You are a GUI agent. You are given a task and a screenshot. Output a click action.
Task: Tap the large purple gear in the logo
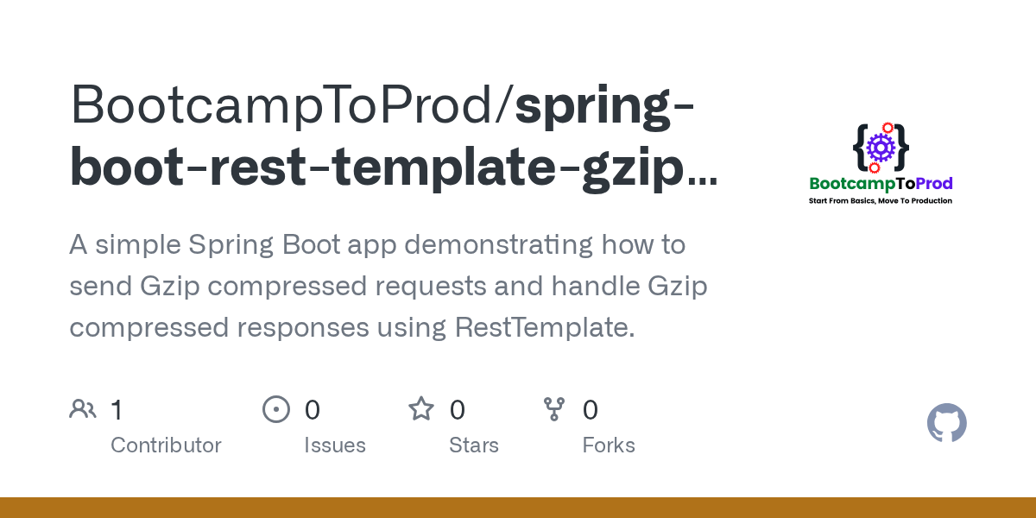[881, 148]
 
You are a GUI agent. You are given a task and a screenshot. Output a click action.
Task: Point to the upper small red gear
[887, 128]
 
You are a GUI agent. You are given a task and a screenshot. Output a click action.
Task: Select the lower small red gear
[874, 167]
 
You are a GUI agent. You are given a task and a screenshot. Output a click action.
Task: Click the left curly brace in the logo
[860, 147]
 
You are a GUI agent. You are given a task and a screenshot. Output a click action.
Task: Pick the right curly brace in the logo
[900, 147]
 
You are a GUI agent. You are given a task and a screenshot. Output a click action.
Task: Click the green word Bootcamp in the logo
[852, 183]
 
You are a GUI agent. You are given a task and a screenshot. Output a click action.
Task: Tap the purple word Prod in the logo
[934, 183]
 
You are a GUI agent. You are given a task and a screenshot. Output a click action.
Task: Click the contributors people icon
[83, 409]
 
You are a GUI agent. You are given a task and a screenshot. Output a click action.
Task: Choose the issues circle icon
[276, 409]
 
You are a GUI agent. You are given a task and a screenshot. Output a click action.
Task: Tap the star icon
[421, 409]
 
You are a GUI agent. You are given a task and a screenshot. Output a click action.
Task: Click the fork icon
[554, 409]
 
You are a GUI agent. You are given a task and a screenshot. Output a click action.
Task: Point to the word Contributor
[166, 445]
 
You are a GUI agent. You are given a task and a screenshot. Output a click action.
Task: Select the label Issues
[335, 445]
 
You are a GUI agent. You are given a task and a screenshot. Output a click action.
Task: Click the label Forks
[609, 445]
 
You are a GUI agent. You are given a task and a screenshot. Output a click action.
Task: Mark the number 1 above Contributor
[117, 410]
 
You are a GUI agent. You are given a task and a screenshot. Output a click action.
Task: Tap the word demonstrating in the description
[499, 245]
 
